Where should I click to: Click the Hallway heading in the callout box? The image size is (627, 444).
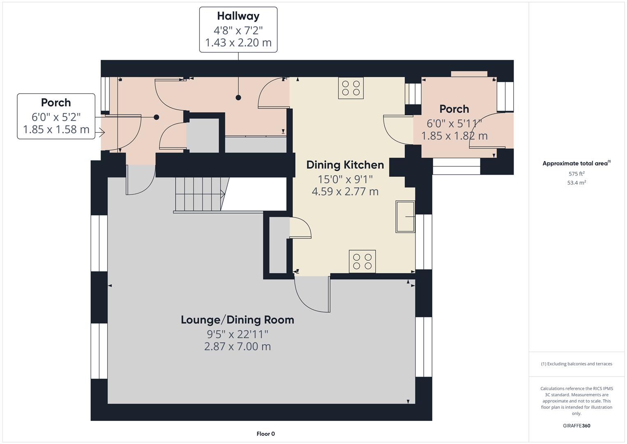[238, 16]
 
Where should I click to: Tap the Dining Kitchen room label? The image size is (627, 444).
[345, 165]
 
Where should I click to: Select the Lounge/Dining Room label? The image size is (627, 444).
[237, 320]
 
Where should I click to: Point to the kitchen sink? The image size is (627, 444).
[405, 217]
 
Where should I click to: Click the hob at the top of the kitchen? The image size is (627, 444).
[351, 88]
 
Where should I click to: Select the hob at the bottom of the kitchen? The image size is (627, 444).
[362, 261]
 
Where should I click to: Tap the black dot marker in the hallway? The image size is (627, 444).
[238, 97]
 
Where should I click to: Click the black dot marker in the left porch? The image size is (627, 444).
[156, 117]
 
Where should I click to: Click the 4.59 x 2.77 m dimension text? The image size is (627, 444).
[345, 192]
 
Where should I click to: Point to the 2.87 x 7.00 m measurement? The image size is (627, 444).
[237, 347]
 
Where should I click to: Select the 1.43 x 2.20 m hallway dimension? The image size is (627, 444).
[238, 43]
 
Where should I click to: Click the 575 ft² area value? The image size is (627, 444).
[576, 173]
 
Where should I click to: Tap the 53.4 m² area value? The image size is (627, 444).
[576, 183]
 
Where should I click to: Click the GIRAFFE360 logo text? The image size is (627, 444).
[576, 425]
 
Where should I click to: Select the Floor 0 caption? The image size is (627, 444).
[266, 434]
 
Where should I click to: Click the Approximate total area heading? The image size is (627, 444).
[576, 163]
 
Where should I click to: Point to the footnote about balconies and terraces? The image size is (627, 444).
[576, 364]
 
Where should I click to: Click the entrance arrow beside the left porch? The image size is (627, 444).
[100, 132]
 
